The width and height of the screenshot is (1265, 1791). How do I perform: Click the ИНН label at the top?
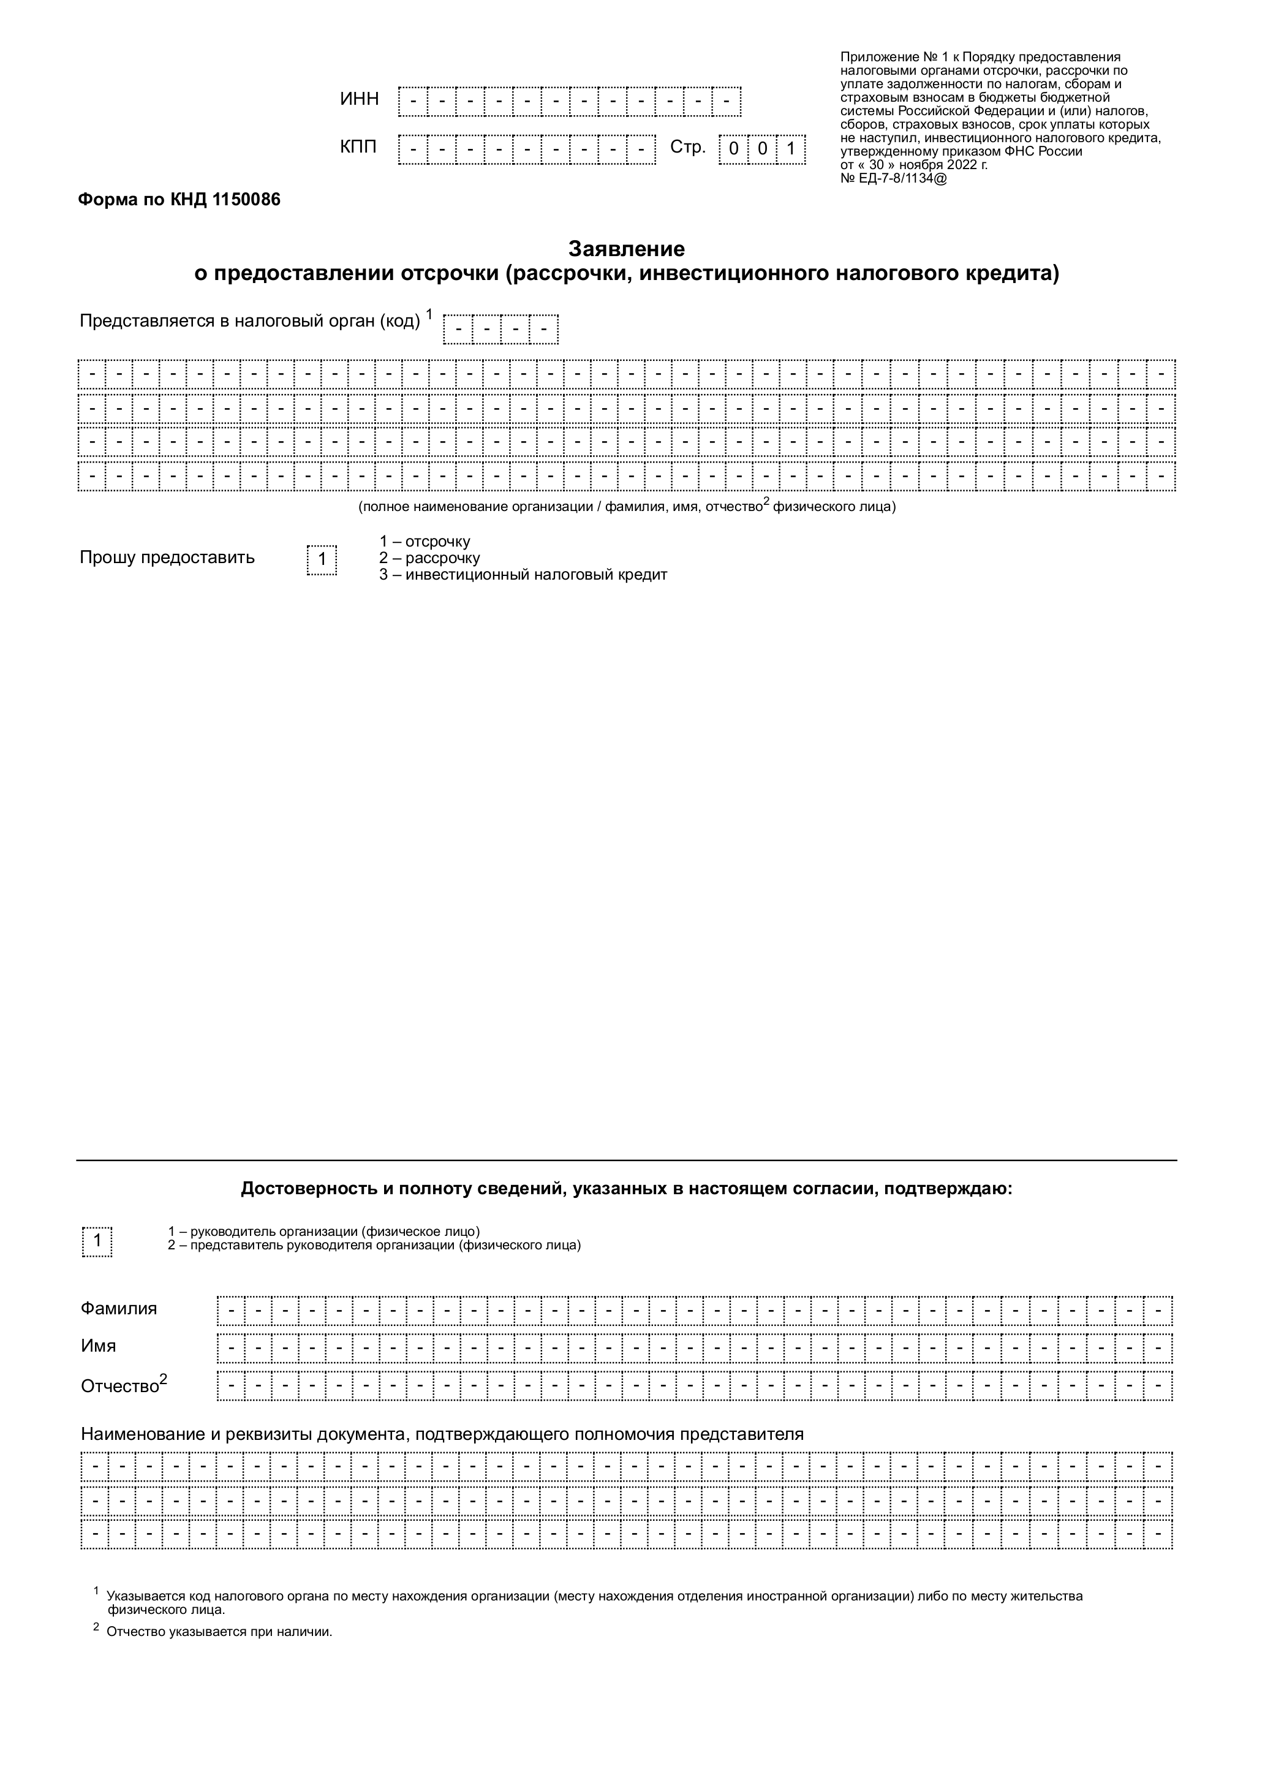coord(359,99)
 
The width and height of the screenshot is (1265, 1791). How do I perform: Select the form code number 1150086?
coord(246,200)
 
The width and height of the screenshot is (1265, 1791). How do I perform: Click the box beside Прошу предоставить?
coord(322,560)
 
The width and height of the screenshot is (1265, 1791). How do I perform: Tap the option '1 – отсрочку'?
coord(425,542)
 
